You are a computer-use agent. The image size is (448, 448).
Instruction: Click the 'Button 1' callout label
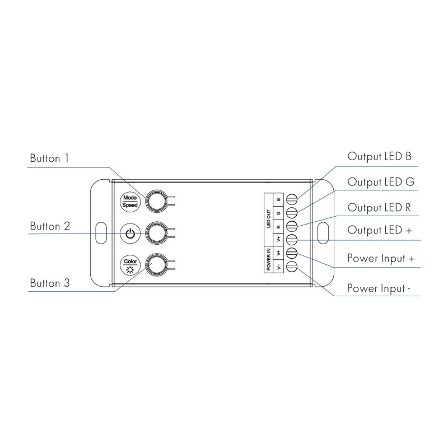(x=49, y=158)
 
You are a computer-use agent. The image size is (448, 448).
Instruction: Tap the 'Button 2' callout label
(x=50, y=226)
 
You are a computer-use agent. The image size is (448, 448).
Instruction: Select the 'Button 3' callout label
(x=50, y=283)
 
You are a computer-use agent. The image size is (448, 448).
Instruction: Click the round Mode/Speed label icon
(x=130, y=202)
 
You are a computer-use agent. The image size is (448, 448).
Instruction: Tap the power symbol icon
(x=130, y=234)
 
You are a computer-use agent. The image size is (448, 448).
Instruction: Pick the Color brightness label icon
(x=130, y=265)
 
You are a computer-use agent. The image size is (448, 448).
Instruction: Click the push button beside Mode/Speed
(x=156, y=201)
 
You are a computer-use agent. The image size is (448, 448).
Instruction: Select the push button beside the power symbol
(x=156, y=233)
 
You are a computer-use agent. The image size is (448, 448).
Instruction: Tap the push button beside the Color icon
(x=156, y=264)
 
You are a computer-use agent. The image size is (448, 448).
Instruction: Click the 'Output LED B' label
(x=380, y=157)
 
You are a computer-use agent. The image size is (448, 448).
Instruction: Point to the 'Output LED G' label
(x=381, y=182)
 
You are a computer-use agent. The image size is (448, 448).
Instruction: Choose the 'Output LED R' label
(x=379, y=208)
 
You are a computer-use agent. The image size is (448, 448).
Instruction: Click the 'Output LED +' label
(x=380, y=230)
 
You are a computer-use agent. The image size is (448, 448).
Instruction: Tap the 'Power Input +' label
(x=381, y=258)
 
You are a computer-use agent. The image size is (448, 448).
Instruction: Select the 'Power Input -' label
(x=379, y=288)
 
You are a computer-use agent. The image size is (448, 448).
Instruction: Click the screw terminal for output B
(x=292, y=199)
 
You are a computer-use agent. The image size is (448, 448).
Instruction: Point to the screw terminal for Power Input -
(x=292, y=267)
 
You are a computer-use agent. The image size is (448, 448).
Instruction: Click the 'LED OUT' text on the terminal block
(x=269, y=219)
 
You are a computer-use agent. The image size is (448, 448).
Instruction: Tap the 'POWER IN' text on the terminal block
(x=269, y=259)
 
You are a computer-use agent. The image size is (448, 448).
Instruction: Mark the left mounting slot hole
(x=101, y=233)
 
